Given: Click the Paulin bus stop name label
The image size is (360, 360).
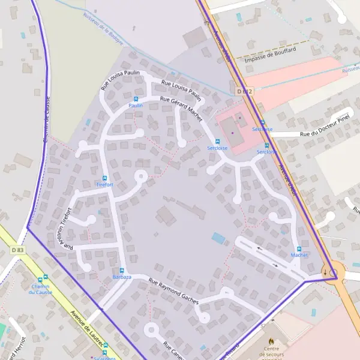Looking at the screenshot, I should [x=136, y=106].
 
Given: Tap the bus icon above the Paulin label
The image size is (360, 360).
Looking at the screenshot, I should [x=136, y=98].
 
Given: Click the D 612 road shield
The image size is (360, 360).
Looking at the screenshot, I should [x=245, y=91].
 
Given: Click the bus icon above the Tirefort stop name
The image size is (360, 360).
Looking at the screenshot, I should [x=104, y=178].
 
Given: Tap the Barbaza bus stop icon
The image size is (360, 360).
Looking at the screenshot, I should [x=122, y=270].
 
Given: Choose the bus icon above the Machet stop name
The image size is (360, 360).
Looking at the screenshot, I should [x=299, y=248].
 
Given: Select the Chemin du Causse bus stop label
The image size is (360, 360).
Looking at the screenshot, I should [x=41, y=289].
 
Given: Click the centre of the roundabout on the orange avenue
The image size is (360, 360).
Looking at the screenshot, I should [x=333, y=274].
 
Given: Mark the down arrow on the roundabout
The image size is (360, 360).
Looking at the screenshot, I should [x=325, y=272].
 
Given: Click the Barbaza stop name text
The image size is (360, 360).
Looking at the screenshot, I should [x=122, y=277].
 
